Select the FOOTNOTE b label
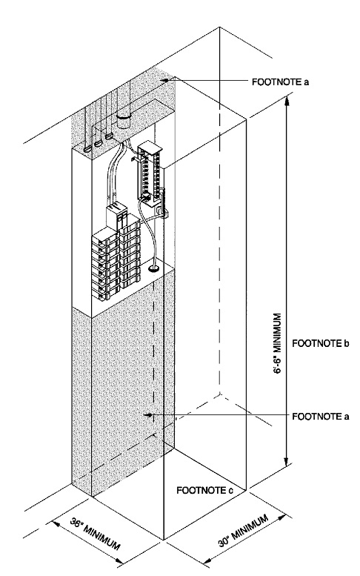[x=319, y=343]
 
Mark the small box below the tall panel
[x=162, y=211]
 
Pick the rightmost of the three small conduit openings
[x=110, y=137]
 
